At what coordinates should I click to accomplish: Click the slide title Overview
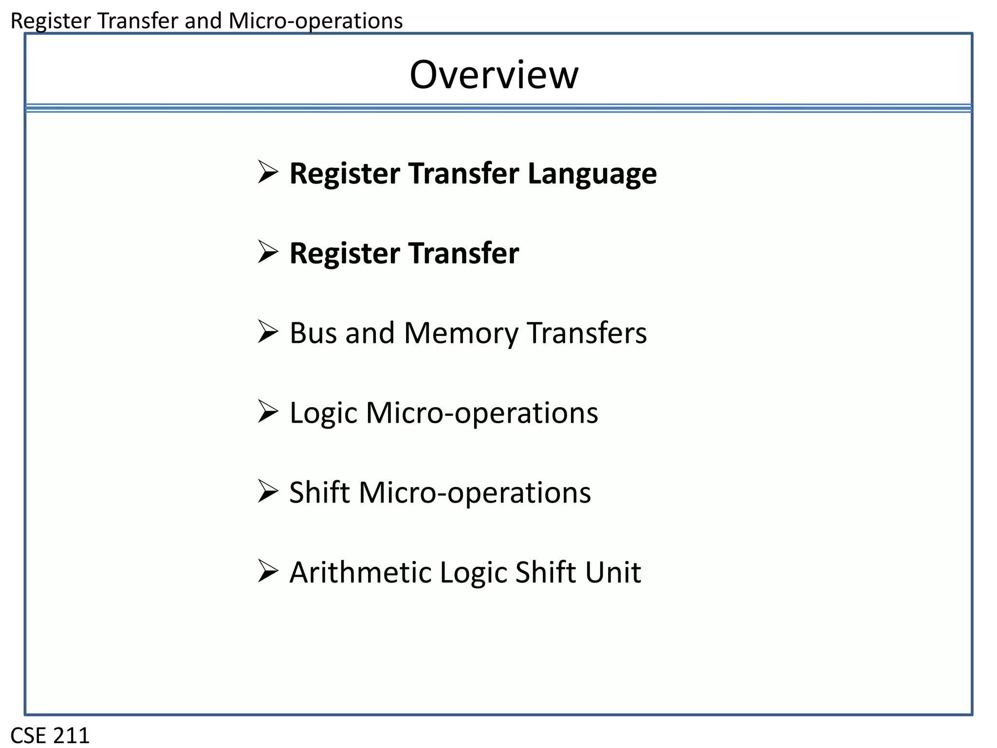click(x=494, y=75)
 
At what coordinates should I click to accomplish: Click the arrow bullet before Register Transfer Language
click(x=268, y=172)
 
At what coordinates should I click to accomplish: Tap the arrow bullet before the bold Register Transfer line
click(x=268, y=252)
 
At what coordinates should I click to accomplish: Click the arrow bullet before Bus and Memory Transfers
click(x=268, y=332)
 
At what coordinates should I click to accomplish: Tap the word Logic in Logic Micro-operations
click(x=324, y=413)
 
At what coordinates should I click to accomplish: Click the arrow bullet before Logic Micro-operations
click(x=268, y=412)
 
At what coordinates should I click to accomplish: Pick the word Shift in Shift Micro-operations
click(x=319, y=492)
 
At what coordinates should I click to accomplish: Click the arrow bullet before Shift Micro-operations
click(x=268, y=491)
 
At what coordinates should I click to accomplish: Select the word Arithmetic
click(x=361, y=572)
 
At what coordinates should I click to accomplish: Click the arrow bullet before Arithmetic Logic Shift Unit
click(x=268, y=571)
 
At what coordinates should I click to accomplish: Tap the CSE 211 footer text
click(x=50, y=735)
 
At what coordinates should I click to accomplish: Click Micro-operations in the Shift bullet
click(x=475, y=492)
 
